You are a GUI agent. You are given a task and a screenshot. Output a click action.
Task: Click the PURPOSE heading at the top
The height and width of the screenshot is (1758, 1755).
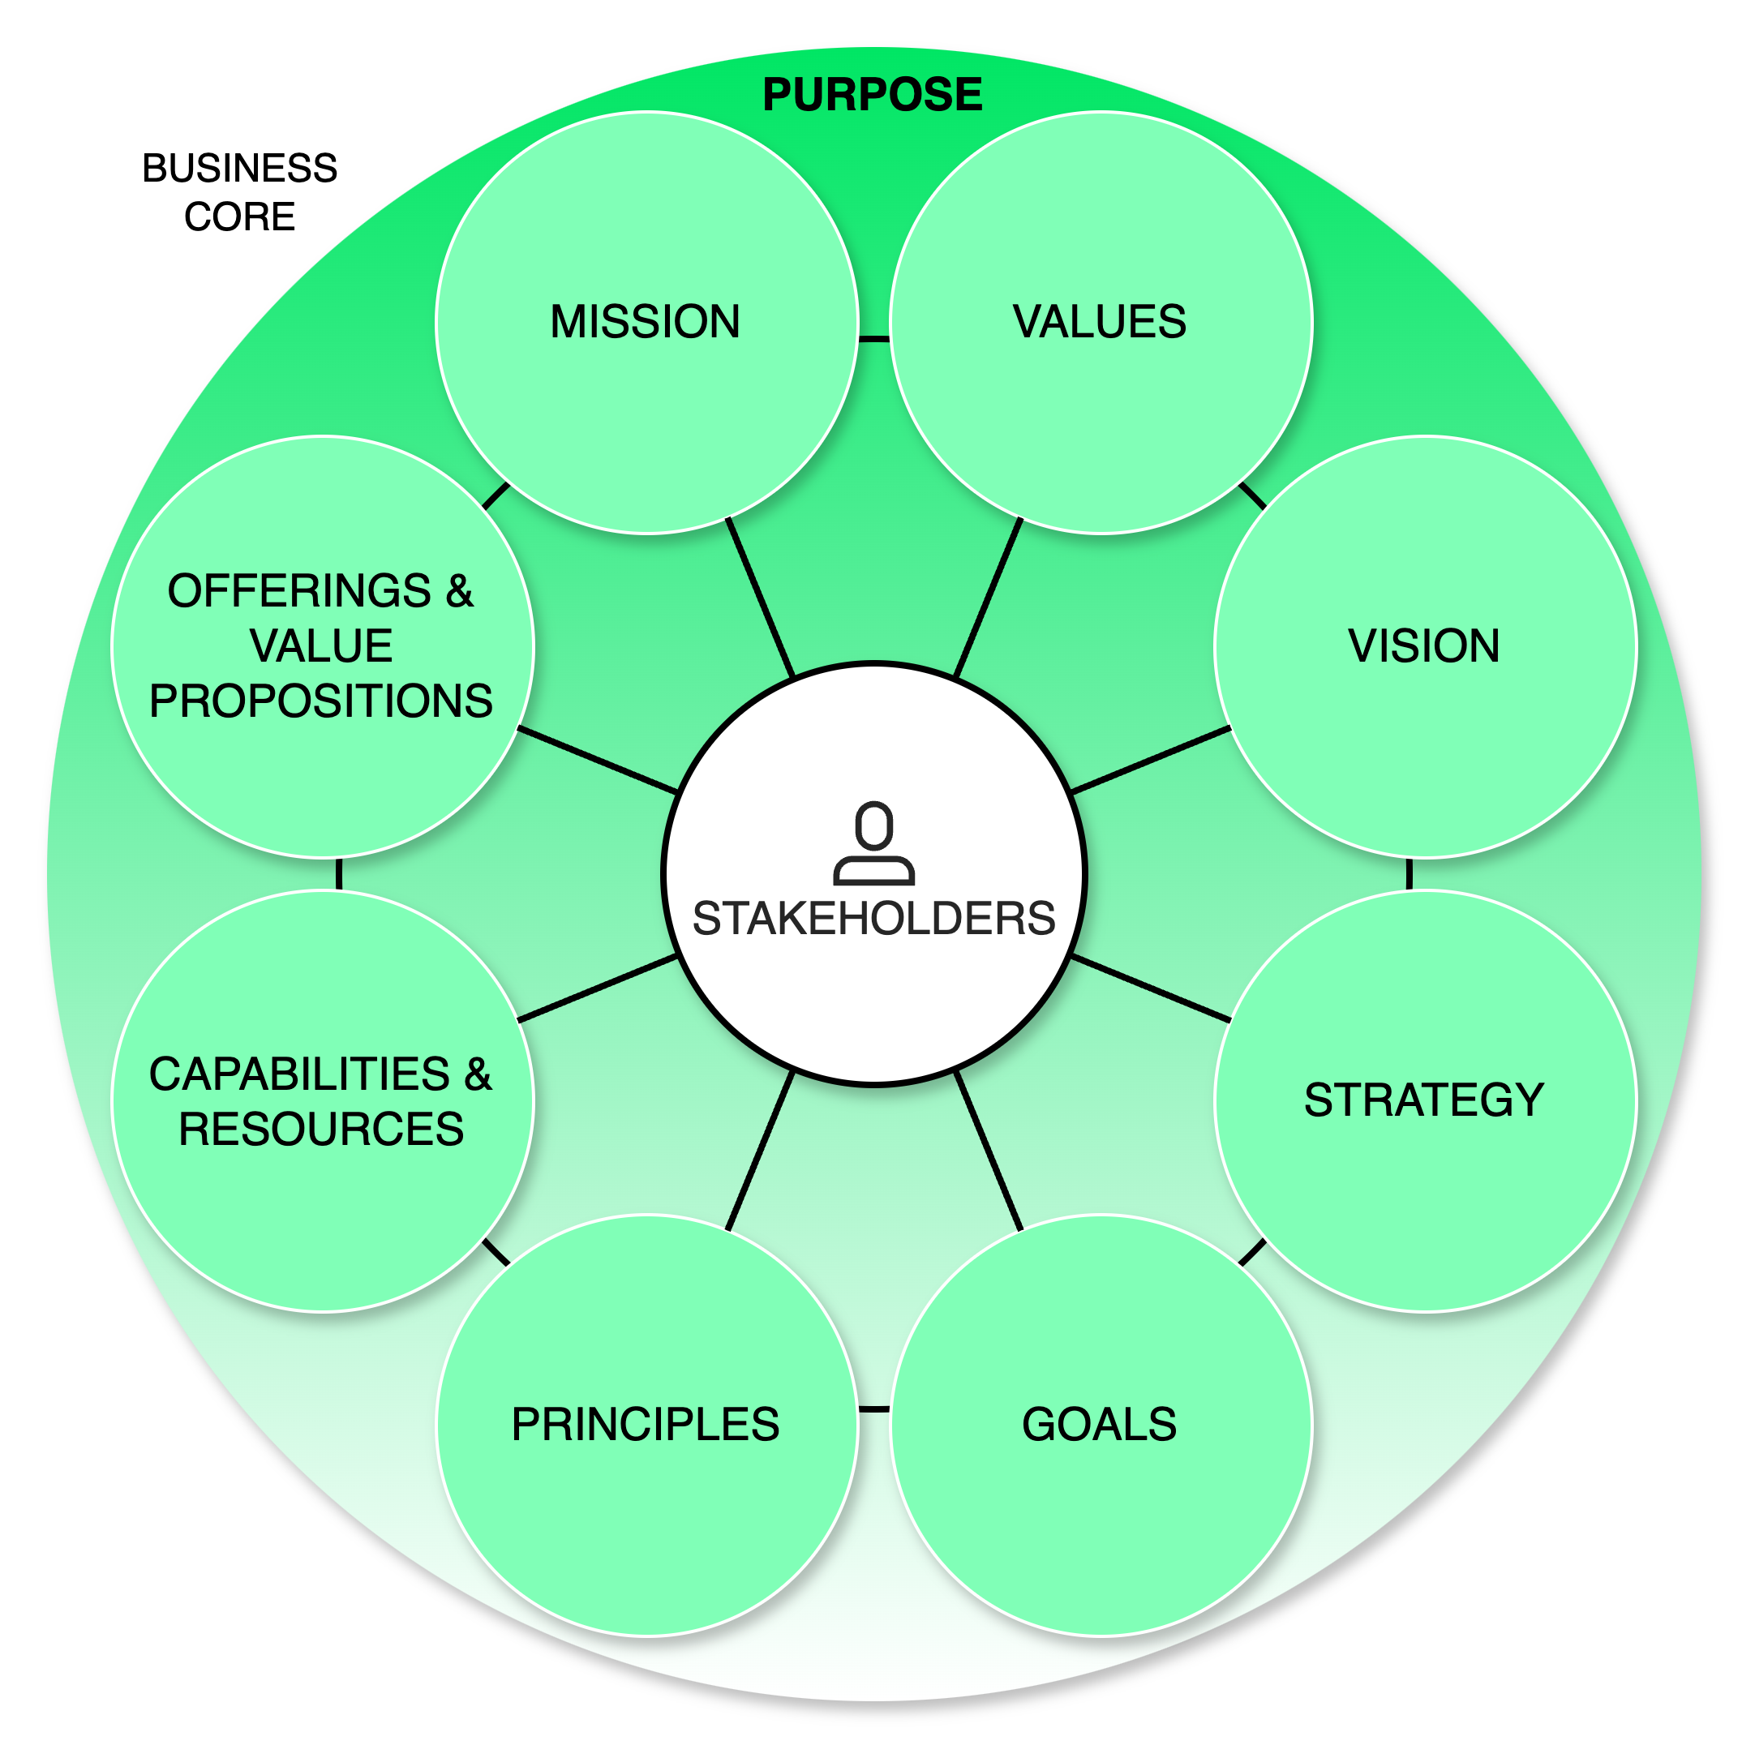coord(872,95)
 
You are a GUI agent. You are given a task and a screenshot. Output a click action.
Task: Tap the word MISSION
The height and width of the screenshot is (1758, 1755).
coord(646,322)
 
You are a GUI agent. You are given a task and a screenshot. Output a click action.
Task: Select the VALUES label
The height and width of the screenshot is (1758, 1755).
coord(1100,322)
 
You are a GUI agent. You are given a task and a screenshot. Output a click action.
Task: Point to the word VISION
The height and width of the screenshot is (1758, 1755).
coord(1423,646)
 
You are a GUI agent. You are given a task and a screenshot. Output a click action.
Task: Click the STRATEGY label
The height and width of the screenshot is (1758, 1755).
coord(1423,1100)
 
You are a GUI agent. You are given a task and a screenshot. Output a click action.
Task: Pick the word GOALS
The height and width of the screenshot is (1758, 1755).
coord(1100,1424)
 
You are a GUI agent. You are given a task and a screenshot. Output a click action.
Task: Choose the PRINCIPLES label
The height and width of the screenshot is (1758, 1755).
coord(646,1424)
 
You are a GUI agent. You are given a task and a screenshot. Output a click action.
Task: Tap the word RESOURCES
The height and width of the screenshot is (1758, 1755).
coord(320,1130)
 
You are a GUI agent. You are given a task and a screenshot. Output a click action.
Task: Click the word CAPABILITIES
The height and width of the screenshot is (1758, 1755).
coord(299,1074)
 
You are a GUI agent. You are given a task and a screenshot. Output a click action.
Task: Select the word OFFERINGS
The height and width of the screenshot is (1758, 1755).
coord(299,591)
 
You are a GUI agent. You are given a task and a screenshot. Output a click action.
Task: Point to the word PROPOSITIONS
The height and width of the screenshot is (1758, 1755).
coord(320,701)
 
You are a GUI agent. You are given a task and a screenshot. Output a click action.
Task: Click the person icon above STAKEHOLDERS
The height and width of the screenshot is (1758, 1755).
coord(874,843)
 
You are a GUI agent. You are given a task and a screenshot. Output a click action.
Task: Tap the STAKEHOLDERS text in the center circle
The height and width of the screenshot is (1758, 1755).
coord(874,918)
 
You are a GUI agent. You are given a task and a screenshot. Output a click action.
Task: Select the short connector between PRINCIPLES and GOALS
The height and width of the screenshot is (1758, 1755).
coord(874,1409)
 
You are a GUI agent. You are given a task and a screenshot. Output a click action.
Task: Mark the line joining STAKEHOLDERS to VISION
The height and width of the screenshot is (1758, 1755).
coord(1152,759)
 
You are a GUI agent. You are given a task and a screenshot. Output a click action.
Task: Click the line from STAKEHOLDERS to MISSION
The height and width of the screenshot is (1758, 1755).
coord(760,597)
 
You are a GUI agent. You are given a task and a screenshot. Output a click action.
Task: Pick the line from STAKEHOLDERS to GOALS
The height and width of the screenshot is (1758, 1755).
coord(989,1151)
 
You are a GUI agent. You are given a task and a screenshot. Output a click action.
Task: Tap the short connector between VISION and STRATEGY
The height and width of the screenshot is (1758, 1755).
coord(1409,873)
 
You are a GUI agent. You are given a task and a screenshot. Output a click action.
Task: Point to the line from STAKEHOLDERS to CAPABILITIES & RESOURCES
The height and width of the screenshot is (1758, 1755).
coord(597,988)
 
